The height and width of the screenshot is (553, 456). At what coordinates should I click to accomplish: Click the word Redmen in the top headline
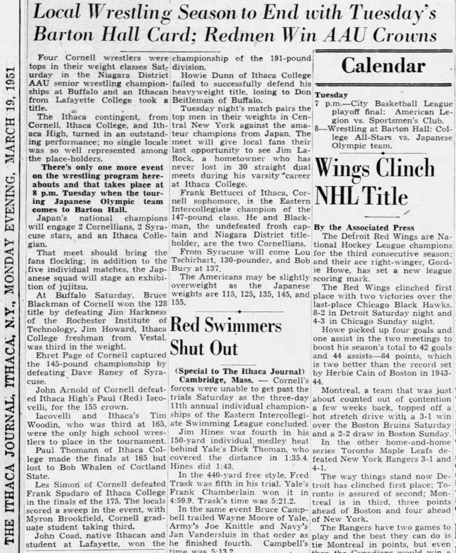pyautogui.click(x=271, y=35)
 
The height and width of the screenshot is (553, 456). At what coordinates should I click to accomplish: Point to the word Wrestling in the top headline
pyautogui.click(x=135, y=10)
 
